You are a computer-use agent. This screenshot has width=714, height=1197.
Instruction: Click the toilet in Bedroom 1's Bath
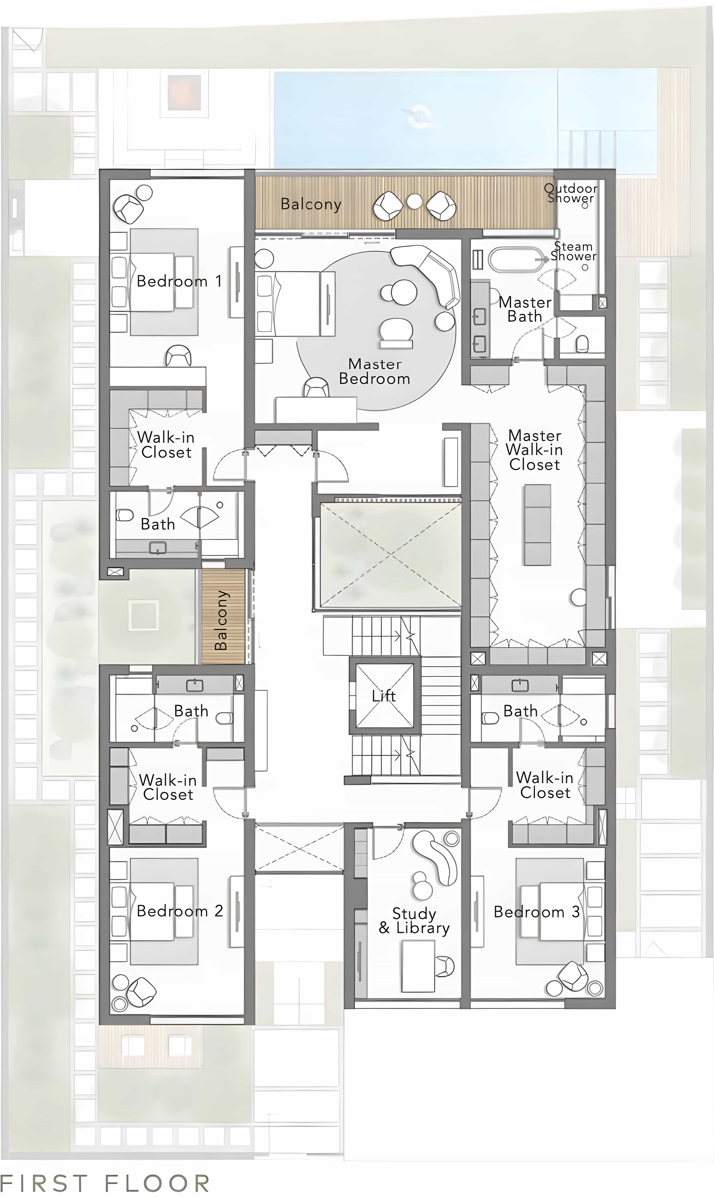[x=125, y=515]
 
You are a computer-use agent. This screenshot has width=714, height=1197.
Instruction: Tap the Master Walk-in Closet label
[x=535, y=450]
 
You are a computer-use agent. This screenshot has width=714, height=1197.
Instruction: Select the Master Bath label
[x=525, y=309]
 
